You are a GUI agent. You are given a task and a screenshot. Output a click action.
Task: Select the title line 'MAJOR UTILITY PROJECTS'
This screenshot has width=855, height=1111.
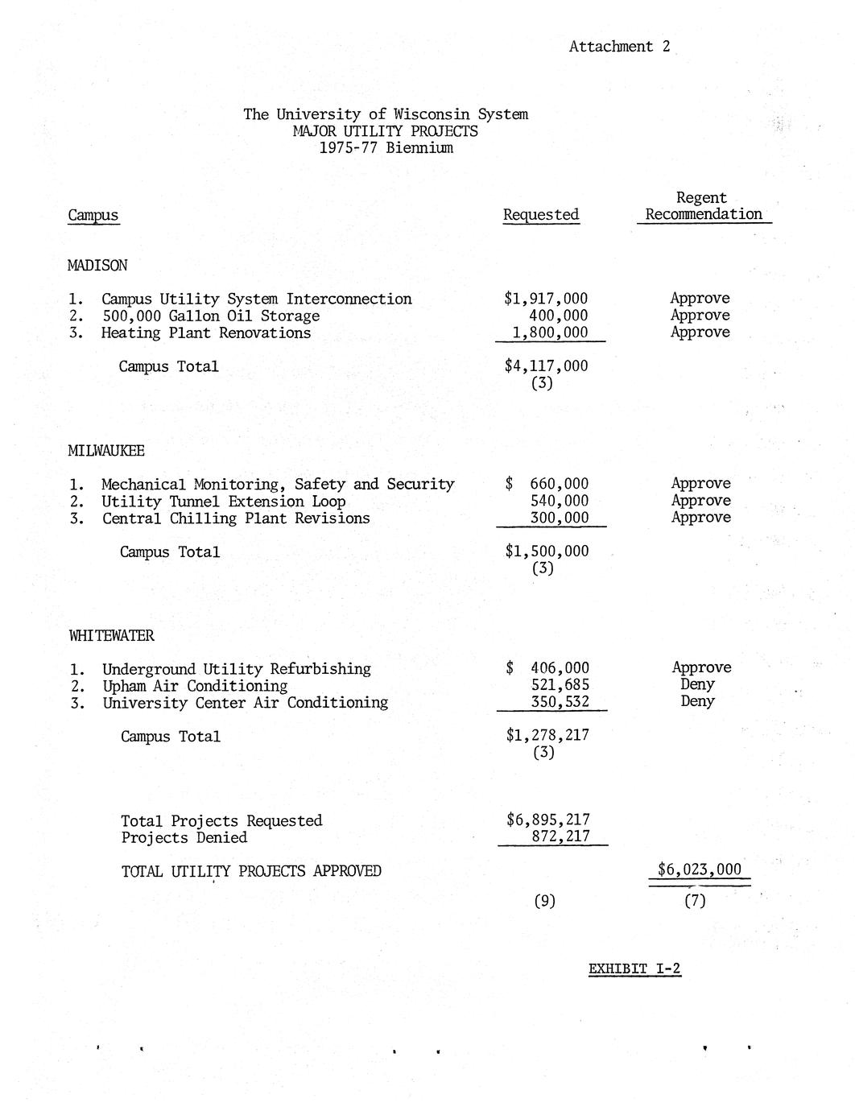click(386, 131)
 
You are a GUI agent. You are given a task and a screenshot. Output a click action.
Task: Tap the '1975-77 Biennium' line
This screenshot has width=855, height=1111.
click(386, 148)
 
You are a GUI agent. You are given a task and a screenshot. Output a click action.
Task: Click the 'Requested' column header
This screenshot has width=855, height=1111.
click(541, 215)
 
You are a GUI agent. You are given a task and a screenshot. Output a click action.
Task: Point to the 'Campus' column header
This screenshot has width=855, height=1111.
click(93, 215)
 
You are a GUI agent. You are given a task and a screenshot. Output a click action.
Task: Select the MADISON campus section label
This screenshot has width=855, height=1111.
click(97, 266)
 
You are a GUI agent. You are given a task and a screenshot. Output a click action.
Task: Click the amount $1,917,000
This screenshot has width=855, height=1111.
click(546, 299)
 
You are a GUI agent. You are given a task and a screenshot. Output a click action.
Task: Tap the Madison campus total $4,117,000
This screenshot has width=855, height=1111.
click(546, 366)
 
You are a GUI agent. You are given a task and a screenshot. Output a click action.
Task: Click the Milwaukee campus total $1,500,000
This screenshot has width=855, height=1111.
click(547, 551)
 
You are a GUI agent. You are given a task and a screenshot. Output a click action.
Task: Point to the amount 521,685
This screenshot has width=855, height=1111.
click(560, 685)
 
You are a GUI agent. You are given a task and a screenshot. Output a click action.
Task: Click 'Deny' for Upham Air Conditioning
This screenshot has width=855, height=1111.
click(697, 684)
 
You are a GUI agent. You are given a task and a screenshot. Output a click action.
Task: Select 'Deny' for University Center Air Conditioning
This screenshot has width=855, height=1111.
click(697, 701)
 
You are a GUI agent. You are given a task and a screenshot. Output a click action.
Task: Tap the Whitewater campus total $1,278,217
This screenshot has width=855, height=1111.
click(547, 735)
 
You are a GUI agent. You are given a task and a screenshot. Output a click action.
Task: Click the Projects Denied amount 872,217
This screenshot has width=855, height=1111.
click(561, 836)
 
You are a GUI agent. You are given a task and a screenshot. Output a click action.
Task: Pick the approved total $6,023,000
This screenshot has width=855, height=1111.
click(699, 869)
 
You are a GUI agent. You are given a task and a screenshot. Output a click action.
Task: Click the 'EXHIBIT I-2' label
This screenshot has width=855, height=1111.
click(634, 969)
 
